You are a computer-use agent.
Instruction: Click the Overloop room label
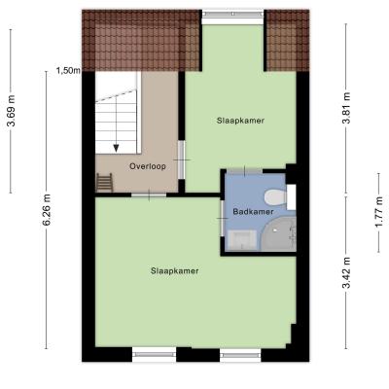pos(148,166)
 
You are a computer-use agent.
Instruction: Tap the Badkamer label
pos(253,212)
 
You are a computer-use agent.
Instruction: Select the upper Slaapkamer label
pos(240,121)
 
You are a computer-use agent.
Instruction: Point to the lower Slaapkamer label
pos(174,271)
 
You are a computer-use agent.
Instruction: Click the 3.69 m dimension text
pos(12,111)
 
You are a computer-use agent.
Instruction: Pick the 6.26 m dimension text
pos(47,210)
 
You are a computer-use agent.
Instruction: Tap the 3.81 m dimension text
pos(346,108)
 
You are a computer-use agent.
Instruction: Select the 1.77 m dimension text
pos(379,212)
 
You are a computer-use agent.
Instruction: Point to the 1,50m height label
pos(68,70)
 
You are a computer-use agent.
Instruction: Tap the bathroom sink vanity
pos(242,240)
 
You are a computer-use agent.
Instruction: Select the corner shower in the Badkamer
pos(279,233)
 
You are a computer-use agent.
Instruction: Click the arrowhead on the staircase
pos(116,148)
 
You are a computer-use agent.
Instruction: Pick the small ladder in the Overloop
pos(104,183)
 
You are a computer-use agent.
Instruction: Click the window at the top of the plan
pos(233,14)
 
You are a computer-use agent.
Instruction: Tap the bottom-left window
pos(154,354)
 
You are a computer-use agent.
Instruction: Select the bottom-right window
pos(240,355)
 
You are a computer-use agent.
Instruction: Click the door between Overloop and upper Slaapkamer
pos(182,159)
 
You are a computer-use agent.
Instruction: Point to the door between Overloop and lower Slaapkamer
pos(149,194)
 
